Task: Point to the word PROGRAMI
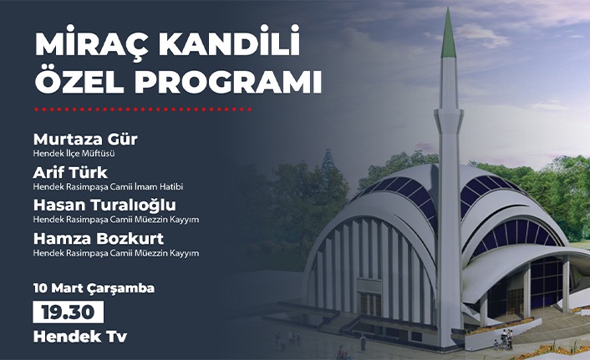[226, 84]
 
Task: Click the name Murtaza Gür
[85, 138]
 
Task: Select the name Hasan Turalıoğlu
[104, 205]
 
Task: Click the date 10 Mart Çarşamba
[94, 287]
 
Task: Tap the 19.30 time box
[69, 312]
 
